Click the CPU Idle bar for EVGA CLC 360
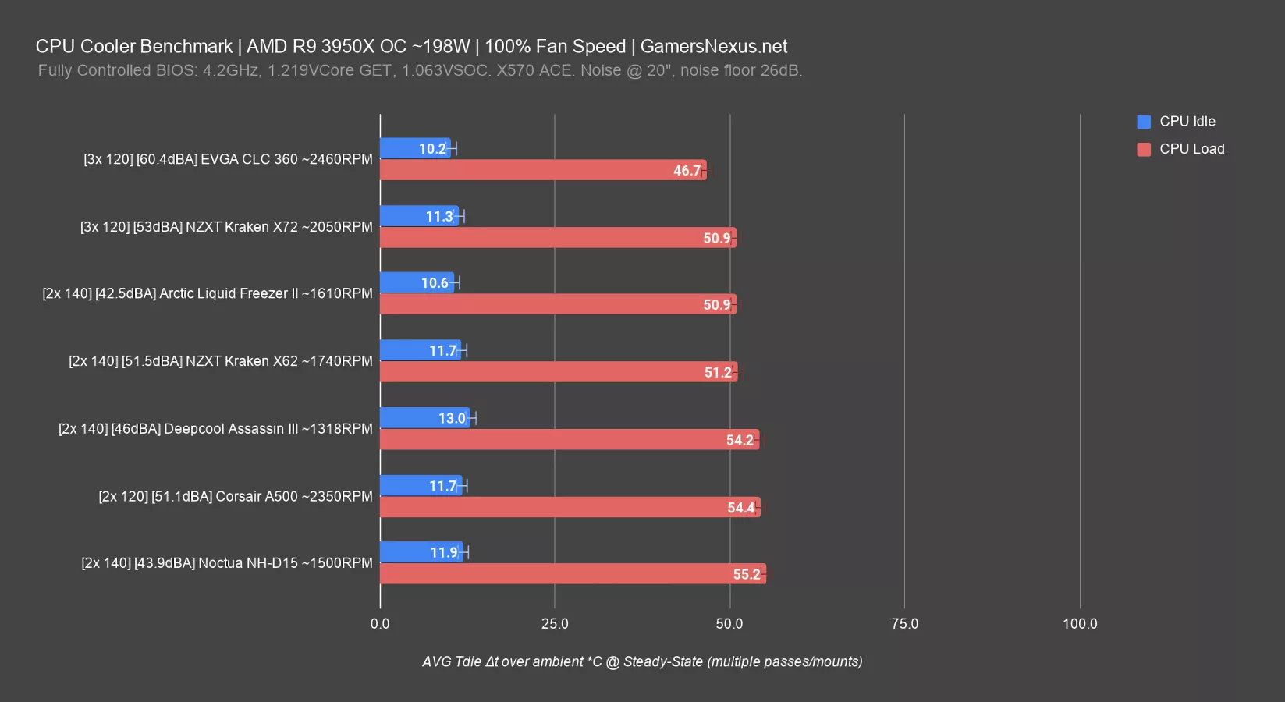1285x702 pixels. coord(414,148)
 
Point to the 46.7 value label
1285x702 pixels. coord(687,171)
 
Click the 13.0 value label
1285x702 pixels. coord(452,419)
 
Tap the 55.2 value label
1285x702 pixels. coord(746,575)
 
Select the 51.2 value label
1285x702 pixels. coord(718,373)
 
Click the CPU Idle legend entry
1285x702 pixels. coord(1187,122)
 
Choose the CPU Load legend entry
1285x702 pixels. coord(1191,149)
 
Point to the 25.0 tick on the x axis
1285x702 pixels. coord(555,624)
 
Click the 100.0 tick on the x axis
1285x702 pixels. coord(1080,624)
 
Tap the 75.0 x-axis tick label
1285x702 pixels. coord(904,624)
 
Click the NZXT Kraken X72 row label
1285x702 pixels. coord(226,227)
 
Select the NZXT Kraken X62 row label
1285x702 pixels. coord(221,361)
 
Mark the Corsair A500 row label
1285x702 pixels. coord(236,497)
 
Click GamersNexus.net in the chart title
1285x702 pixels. coord(713,47)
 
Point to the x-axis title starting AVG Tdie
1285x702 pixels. coord(642,662)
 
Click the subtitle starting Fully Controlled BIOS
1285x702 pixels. coord(420,71)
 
